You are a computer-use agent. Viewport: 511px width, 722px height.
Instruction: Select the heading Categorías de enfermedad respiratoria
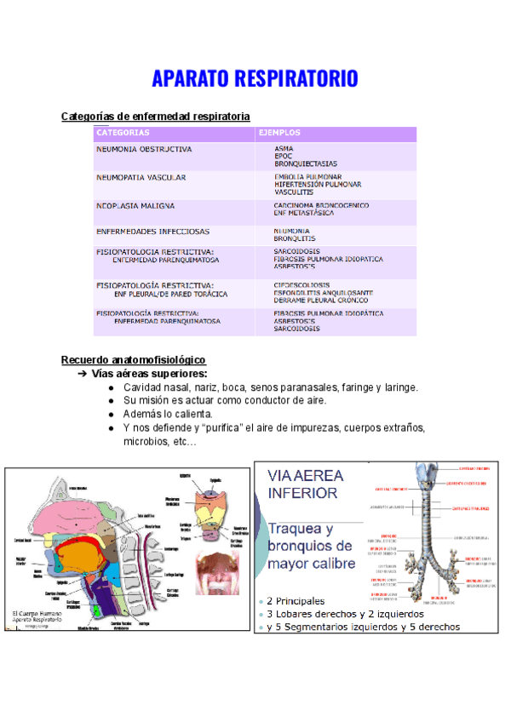pos(156,116)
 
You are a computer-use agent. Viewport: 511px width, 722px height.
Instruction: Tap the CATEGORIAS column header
pos(123,133)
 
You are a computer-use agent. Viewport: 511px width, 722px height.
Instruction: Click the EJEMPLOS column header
pos(279,133)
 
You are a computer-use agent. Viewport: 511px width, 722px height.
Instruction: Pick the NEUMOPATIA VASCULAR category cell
pos(141,177)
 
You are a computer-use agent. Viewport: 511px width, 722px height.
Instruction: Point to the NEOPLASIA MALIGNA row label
pos(135,205)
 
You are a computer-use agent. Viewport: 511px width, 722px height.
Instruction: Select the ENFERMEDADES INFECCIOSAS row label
pos(152,231)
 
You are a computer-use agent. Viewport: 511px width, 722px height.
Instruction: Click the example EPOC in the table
pos(284,156)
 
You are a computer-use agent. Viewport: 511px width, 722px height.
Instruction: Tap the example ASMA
pos(284,148)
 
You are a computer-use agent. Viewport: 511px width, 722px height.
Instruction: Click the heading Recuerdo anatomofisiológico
pos(134,360)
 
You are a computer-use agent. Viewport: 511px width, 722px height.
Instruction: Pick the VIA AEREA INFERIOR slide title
pos(303,484)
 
